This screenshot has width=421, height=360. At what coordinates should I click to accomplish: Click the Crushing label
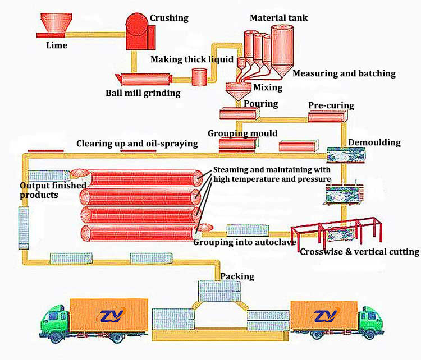(168, 18)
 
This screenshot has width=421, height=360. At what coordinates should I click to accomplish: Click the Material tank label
(278, 18)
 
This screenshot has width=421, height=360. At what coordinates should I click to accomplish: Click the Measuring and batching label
(344, 73)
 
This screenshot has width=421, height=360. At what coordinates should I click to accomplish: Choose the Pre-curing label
(331, 105)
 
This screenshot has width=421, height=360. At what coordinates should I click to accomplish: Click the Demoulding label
(374, 142)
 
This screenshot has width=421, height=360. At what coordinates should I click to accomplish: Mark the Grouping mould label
(242, 133)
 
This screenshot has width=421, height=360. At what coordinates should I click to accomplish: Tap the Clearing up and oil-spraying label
(137, 144)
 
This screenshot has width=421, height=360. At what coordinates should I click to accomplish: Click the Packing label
(237, 276)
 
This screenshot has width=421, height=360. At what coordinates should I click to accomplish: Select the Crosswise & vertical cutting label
(359, 252)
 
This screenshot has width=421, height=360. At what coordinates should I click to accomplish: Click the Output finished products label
(53, 190)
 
